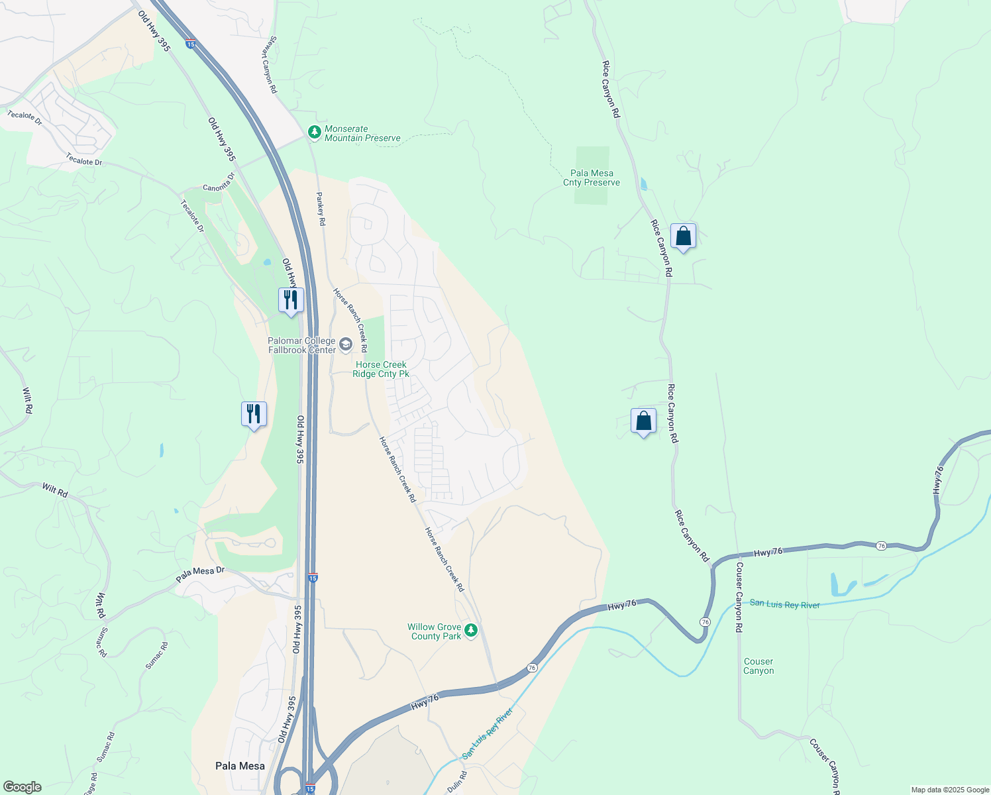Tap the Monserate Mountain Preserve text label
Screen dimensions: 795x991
click(362, 134)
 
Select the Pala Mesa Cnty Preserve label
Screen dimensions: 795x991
click(592, 178)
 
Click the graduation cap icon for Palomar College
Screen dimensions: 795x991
click(345, 344)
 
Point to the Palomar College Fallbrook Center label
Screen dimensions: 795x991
click(301, 345)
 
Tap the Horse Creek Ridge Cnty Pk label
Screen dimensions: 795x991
click(381, 369)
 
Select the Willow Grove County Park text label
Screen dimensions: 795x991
click(435, 631)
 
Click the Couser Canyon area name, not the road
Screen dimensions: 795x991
click(758, 666)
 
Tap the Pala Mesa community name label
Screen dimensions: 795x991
click(240, 766)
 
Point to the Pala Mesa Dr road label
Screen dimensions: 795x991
click(201, 574)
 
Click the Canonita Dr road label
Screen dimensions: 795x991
click(219, 183)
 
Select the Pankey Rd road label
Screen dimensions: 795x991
click(321, 209)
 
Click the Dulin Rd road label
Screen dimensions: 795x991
click(456, 782)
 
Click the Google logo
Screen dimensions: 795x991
click(22, 787)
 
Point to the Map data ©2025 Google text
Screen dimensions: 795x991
click(950, 790)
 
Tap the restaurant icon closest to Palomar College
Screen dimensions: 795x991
click(290, 300)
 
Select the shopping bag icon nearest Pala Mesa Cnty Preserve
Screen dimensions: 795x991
click(683, 236)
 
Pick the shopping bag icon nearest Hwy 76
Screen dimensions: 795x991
click(643, 421)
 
